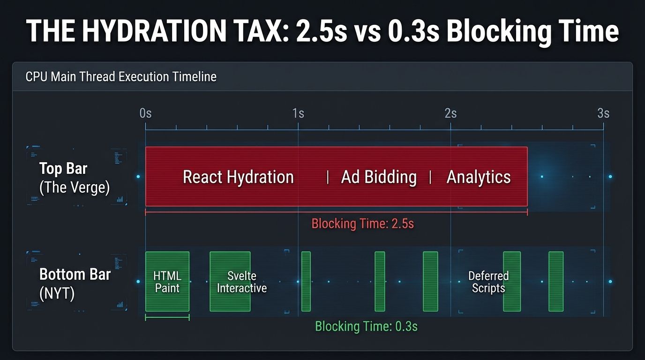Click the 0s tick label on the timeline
(145, 113)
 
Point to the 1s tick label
(298, 113)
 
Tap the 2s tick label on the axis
(450, 113)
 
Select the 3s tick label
(603, 113)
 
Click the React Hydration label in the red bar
(238, 177)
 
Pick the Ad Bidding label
(379, 177)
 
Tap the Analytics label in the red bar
(479, 177)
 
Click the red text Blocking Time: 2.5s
(363, 223)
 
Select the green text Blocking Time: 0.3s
(366, 326)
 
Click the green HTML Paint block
(167, 282)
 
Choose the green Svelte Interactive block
(230, 282)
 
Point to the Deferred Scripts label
(488, 282)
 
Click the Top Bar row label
(63, 168)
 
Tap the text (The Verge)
(75, 187)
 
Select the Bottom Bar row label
(75, 274)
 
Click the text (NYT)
(57, 294)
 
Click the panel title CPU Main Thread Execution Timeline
(121, 76)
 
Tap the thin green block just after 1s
(306, 281)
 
